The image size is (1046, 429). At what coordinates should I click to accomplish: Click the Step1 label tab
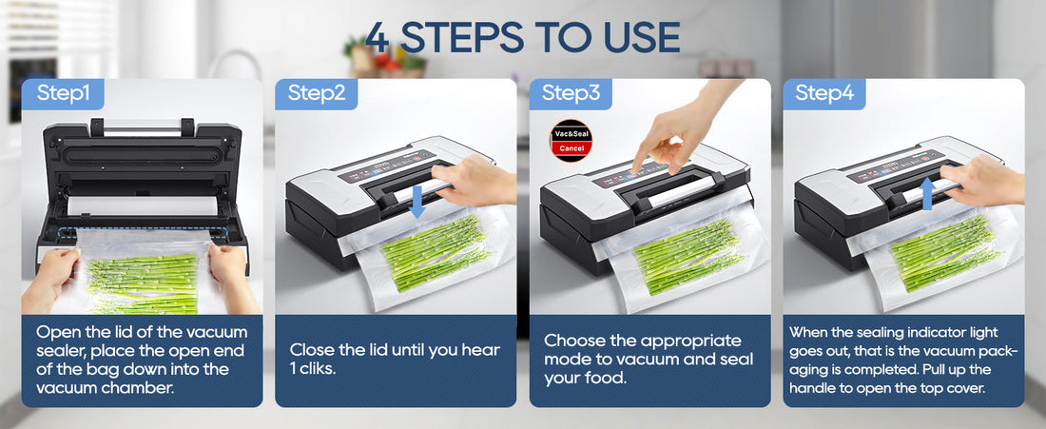point(63,93)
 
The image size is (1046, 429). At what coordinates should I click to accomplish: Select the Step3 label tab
point(571,93)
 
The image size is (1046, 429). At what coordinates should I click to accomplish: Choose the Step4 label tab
point(823,93)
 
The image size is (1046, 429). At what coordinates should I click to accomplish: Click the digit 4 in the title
point(378,37)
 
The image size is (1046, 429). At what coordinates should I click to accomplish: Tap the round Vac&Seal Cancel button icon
point(571,142)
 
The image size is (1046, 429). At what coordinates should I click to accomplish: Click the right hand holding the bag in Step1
point(231,276)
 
